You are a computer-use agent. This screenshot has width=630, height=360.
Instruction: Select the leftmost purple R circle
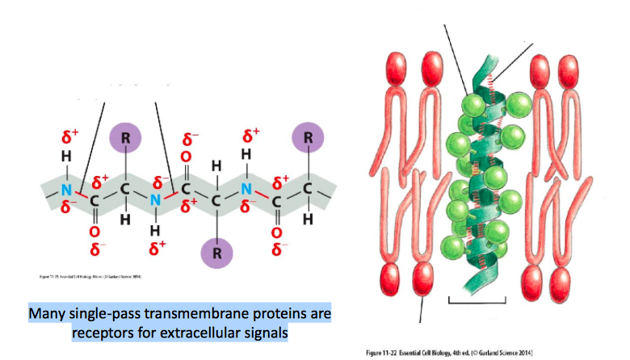point(125,138)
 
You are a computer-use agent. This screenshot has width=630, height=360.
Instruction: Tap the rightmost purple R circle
point(308,138)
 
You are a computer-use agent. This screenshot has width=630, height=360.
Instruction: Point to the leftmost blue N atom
point(65,190)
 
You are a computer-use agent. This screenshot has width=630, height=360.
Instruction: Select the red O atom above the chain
point(186,156)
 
